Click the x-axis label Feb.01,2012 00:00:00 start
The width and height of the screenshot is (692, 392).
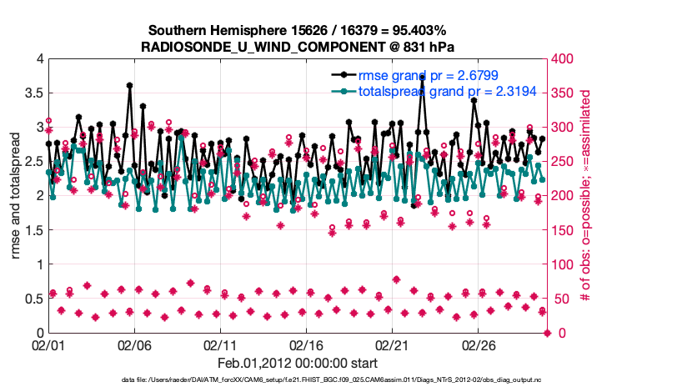(298, 363)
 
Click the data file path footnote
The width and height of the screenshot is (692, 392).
(298, 381)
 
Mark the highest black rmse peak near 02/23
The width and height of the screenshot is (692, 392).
(422, 77)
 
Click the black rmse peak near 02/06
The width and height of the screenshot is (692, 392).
(129, 85)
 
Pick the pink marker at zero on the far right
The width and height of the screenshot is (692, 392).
(547, 333)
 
